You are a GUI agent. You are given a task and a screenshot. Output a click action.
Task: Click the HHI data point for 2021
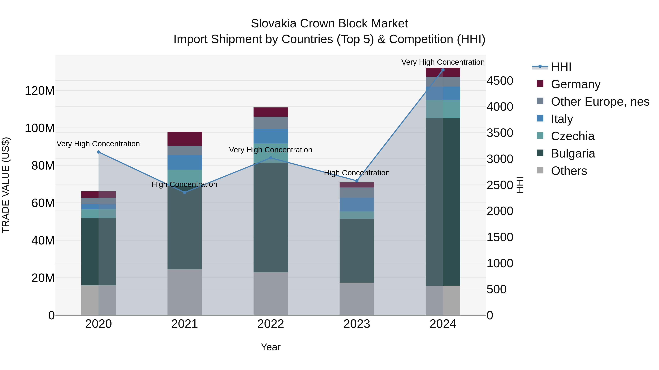185,192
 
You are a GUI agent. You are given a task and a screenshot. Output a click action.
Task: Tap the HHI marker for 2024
443,70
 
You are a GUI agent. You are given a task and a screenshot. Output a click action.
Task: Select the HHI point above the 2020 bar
98,152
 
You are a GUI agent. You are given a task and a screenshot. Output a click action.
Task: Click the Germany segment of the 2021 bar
185,139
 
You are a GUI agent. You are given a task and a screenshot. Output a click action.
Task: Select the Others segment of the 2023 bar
357,299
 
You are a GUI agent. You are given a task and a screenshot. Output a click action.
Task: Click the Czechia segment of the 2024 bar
443,109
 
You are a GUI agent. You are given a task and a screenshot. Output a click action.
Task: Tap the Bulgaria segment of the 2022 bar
271,217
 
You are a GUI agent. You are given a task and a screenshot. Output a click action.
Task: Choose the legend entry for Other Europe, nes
600,102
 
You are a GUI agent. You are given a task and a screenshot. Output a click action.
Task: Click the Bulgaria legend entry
573,153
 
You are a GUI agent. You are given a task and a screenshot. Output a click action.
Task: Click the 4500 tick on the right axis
500,81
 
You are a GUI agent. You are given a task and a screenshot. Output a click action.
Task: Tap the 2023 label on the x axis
357,324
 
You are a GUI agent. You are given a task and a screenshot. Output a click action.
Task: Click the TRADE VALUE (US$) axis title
6,185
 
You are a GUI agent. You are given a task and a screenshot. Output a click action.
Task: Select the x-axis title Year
271,347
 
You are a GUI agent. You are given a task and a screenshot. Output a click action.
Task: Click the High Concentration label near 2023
357,173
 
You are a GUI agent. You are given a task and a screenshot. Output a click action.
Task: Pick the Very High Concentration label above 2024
443,62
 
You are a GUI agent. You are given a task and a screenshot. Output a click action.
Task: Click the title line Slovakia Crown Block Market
329,24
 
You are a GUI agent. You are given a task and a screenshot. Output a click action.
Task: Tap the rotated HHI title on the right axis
520,185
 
